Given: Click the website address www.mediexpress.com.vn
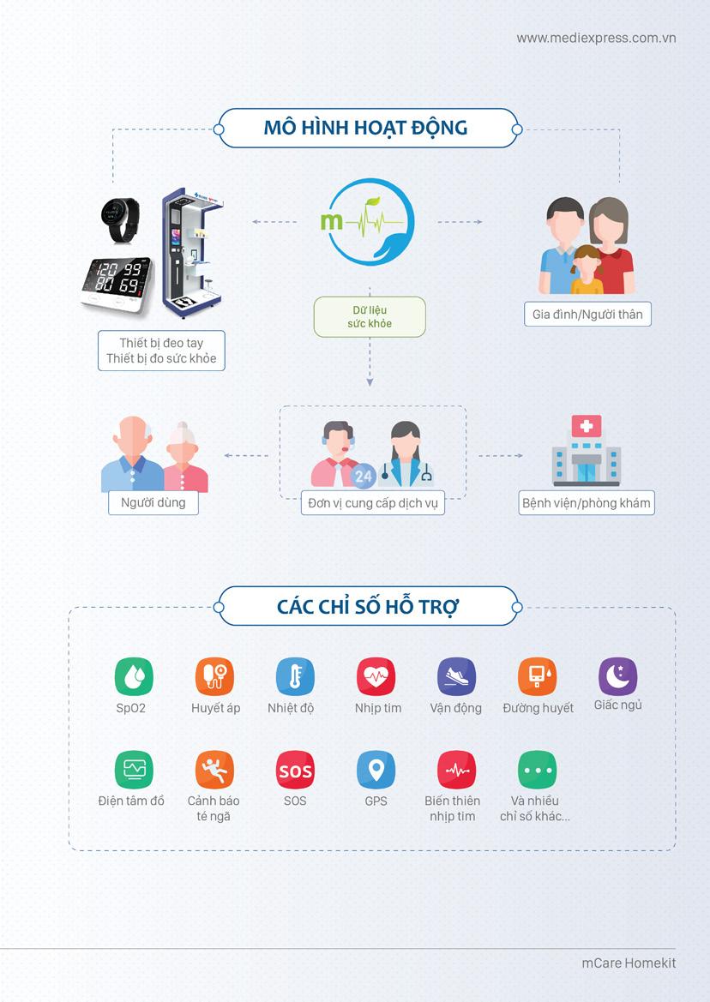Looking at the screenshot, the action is (x=596, y=38).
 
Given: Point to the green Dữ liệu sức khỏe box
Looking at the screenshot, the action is (x=370, y=316).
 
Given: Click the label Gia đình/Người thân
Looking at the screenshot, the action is (x=587, y=315).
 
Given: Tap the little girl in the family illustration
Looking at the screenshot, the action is (x=587, y=269).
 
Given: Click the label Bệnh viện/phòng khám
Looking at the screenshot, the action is (x=587, y=503).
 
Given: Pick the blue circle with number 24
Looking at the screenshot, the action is (x=363, y=475).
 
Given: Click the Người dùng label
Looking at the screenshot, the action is (x=153, y=502).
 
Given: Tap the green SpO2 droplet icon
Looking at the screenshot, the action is (x=134, y=676).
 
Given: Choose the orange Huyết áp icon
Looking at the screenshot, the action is (x=214, y=676).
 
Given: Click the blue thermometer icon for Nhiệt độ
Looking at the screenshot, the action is (x=295, y=676).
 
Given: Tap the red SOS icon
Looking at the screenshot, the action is (x=295, y=770).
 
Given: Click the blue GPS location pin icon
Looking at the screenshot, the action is (x=376, y=770).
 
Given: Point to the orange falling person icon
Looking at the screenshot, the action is (x=214, y=770).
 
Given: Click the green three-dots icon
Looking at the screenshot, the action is (x=537, y=770).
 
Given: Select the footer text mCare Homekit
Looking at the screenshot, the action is (x=629, y=963).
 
